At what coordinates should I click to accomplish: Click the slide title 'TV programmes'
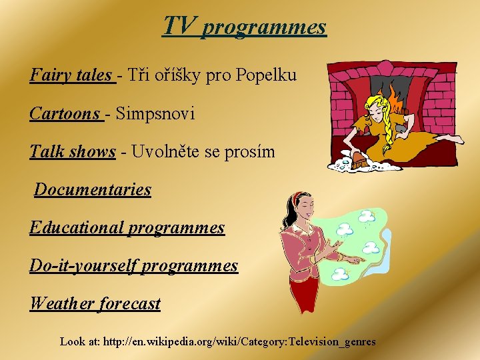click(245, 26)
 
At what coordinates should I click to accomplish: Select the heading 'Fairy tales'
click(71, 75)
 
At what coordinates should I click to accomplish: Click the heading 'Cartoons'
click(65, 114)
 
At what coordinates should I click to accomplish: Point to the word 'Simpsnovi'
click(155, 114)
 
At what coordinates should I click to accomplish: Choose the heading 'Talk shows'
click(73, 152)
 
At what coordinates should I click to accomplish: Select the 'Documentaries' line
click(93, 190)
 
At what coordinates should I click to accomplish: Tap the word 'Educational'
click(77, 228)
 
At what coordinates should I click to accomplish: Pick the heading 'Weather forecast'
click(95, 304)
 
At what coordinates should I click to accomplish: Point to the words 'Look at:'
click(80, 341)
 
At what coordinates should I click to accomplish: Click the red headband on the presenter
click(297, 198)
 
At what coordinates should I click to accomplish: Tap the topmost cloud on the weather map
click(365, 216)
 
